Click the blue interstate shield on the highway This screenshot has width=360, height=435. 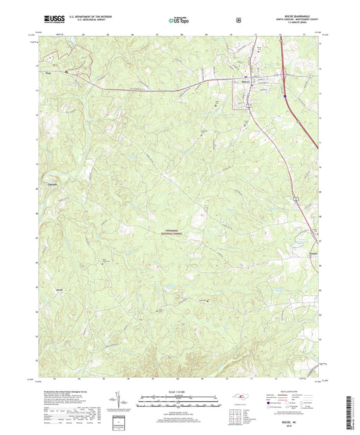coord(286,97)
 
